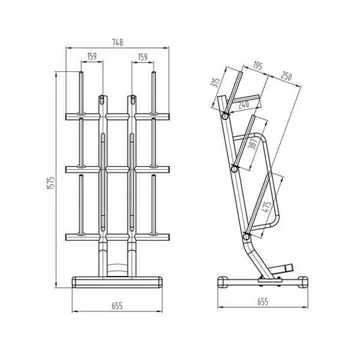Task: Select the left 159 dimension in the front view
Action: coord(92,57)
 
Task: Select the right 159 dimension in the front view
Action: coord(142,57)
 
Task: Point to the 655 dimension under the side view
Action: coord(263,302)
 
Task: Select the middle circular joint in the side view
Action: coord(234,168)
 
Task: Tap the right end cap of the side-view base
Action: coord(304,281)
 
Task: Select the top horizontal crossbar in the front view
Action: coord(117,116)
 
